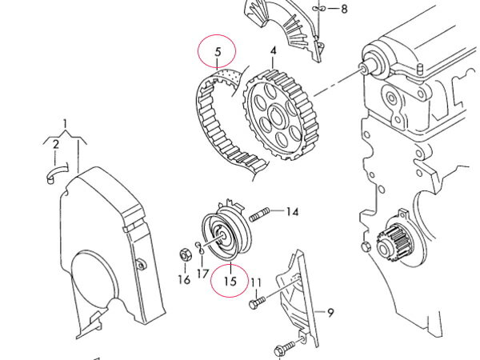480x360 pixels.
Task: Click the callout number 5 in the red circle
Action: click(x=218, y=52)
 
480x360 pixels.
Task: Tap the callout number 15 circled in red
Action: click(x=230, y=281)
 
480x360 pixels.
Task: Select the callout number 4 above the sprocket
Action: click(x=274, y=51)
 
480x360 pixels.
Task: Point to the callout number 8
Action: click(x=344, y=9)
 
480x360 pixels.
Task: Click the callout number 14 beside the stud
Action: click(x=292, y=211)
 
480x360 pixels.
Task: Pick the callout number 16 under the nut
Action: click(x=184, y=279)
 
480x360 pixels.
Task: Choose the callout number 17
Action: click(x=202, y=274)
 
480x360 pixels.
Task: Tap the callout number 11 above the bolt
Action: click(x=256, y=282)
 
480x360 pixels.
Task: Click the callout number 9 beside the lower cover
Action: click(x=330, y=313)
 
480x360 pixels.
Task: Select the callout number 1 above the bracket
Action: click(x=65, y=124)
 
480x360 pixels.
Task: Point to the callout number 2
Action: click(x=55, y=144)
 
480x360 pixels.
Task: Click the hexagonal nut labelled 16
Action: click(x=186, y=254)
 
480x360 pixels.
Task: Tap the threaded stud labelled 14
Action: click(x=259, y=214)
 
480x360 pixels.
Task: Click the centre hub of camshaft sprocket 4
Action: click(x=278, y=114)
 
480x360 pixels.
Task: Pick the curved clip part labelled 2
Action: click(x=58, y=174)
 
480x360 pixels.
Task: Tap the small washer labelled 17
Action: click(x=200, y=247)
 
